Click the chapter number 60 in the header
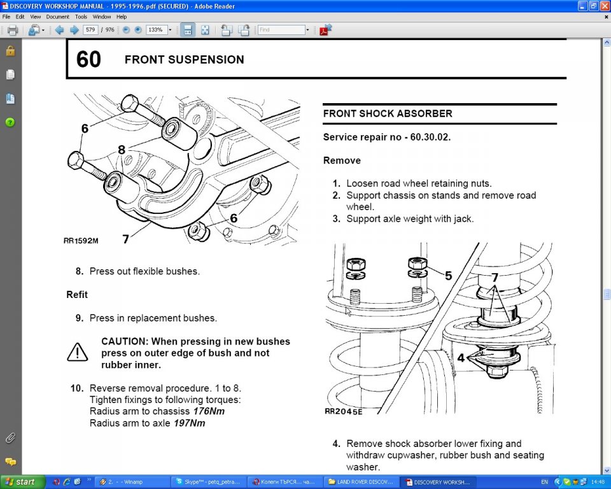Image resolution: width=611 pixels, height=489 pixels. pos(88,59)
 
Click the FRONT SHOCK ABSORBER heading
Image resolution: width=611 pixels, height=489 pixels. pos(388,113)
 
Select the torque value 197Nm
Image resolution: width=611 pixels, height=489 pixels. pos(189,423)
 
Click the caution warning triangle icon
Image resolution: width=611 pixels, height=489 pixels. pos(78,352)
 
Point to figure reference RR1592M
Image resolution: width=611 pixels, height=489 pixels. pos(81,241)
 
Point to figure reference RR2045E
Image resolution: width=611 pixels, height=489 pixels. pos(343,411)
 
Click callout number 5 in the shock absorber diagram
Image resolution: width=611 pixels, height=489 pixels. pos(448,276)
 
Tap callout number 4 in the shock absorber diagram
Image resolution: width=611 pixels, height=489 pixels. pos(460,358)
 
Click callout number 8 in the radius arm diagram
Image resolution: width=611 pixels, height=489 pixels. pos(121,150)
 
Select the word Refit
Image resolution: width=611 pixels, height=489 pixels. pos(77,295)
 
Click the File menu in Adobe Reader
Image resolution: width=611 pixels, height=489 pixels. pos(6,17)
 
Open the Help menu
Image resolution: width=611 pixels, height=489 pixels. pos(121,17)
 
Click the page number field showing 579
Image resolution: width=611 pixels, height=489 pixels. pos(90,30)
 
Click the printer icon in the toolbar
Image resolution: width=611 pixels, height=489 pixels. pos(12,30)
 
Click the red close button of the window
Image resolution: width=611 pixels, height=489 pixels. pos(604,6)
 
